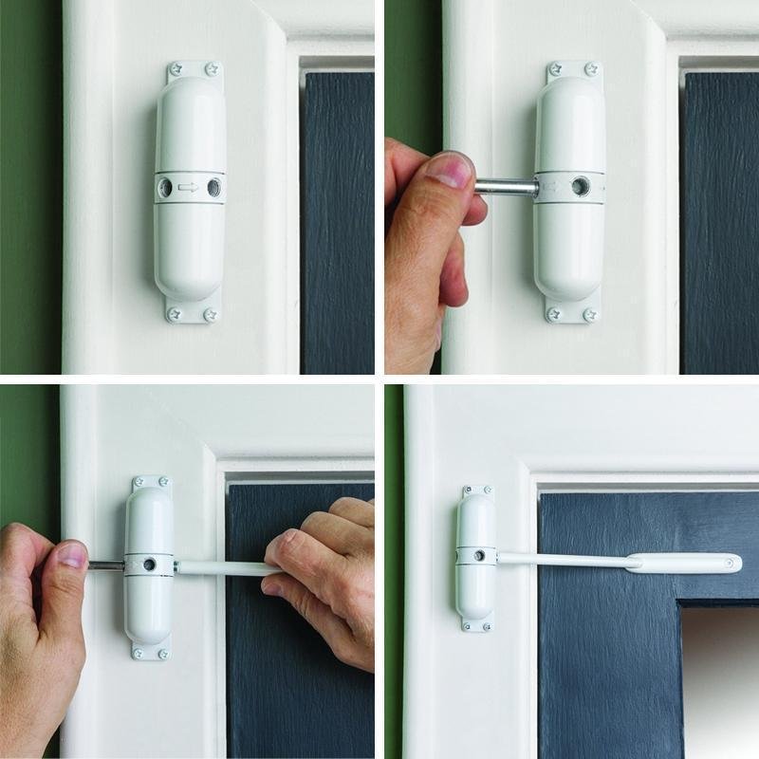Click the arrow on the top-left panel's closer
click(x=189, y=187)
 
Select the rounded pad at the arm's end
click(x=682, y=563)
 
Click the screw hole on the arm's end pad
click(x=730, y=564)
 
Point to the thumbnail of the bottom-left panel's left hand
click(x=72, y=555)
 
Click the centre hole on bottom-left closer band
click(x=150, y=565)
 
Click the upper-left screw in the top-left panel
click(x=176, y=69)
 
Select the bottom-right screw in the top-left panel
click(x=211, y=312)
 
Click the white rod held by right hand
click(x=223, y=568)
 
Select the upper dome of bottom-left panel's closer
click(x=150, y=522)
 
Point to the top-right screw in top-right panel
click(x=591, y=69)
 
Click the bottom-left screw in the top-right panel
click(x=555, y=313)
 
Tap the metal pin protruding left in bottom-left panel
click(x=106, y=565)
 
